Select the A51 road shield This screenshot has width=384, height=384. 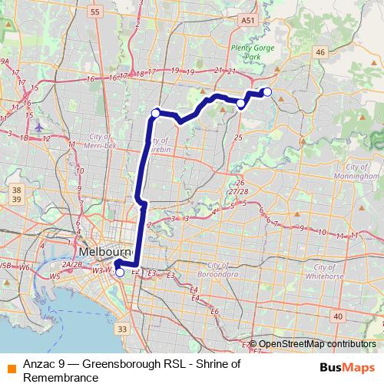tap(247, 20)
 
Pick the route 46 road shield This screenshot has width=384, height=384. tap(321, 51)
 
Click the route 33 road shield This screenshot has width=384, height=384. tap(121, 329)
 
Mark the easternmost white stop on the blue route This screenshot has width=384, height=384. tap(267, 92)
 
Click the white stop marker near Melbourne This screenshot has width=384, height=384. tap(119, 271)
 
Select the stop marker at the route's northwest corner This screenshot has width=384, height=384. tap(155, 113)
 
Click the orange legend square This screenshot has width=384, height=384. tap(11, 366)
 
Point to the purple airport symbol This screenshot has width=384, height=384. tap(39, 124)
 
